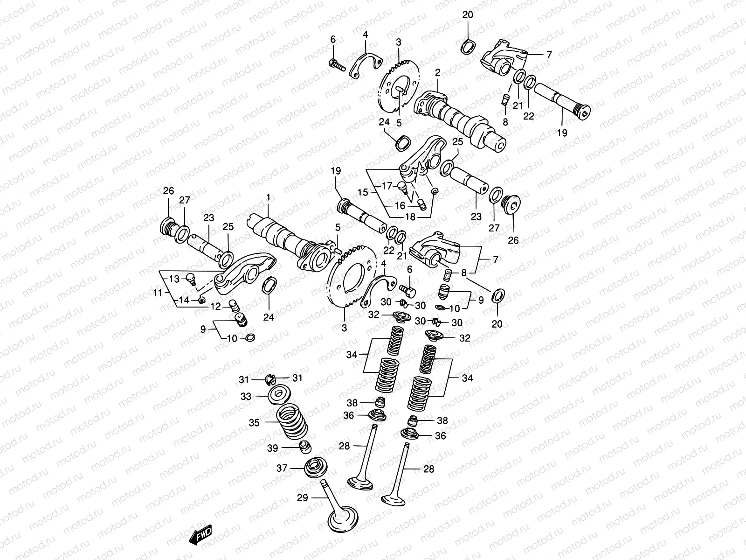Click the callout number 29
pos(302,498)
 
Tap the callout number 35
pos(254,423)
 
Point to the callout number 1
pos(268,197)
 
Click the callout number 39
pos(273,448)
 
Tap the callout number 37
pos(282,468)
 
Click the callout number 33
pos(259,396)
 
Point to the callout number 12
pos(215,307)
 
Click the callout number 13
pos(174,279)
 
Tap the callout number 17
pos(387,186)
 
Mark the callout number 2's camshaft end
pos(497,144)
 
